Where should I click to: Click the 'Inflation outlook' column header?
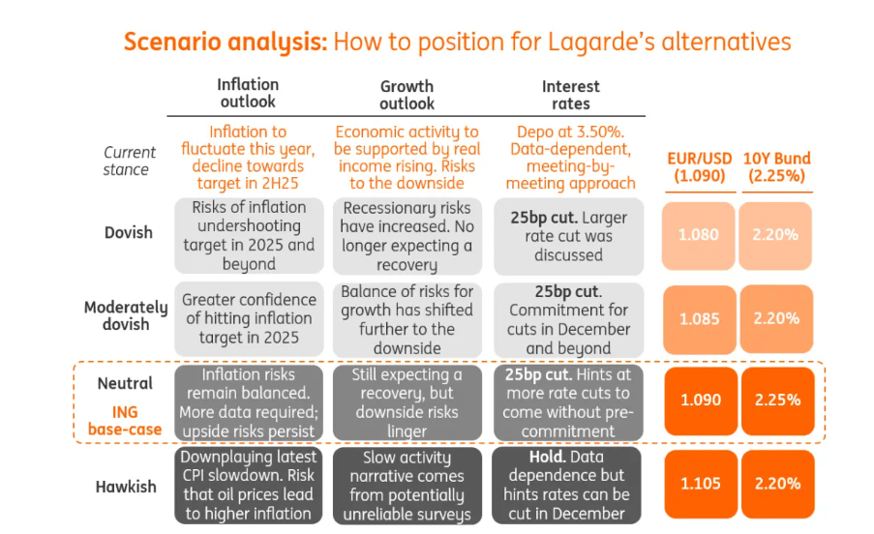click(x=248, y=93)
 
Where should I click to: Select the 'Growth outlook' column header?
click(x=407, y=95)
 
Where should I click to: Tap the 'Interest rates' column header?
click(x=570, y=95)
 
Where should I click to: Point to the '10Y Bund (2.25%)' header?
click(x=776, y=167)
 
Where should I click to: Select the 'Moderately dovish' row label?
click(x=126, y=315)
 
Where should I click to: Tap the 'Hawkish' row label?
click(x=126, y=486)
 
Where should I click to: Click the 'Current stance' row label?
click(x=130, y=161)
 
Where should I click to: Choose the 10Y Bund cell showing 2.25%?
click(x=776, y=400)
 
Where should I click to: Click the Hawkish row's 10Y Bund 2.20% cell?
click(x=776, y=484)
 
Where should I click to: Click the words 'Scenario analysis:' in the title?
click(x=225, y=42)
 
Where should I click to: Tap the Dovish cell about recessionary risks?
click(x=407, y=237)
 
